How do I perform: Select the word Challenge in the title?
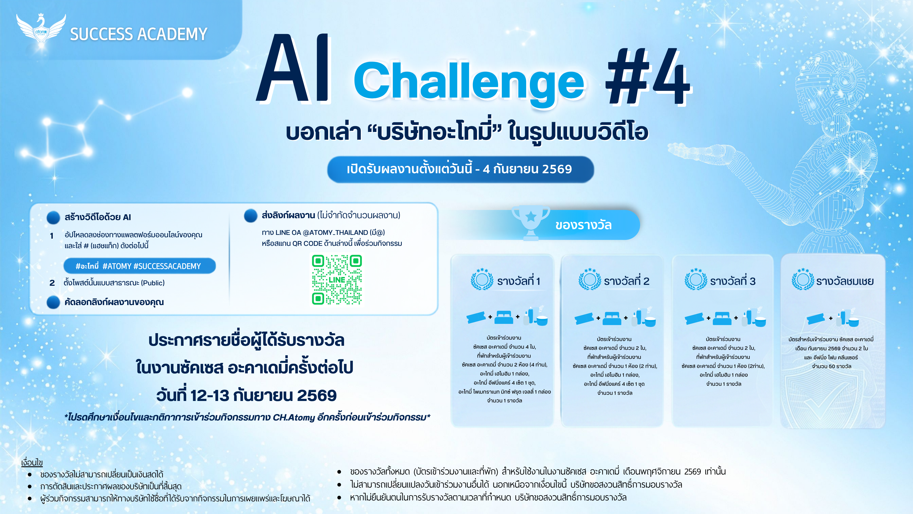click(x=469, y=82)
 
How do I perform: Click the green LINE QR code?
click(x=337, y=280)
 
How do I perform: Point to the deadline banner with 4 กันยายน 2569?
click(x=460, y=169)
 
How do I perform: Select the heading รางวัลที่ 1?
click(x=519, y=281)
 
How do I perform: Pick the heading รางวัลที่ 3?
click(x=733, y=281)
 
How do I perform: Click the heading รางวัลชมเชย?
click(x=845, y=281)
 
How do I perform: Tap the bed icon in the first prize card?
click(x=504, y=317)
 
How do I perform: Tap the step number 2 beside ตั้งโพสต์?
click(x=52, y=283)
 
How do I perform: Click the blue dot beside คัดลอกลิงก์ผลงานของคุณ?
click(x=53, y=302)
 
